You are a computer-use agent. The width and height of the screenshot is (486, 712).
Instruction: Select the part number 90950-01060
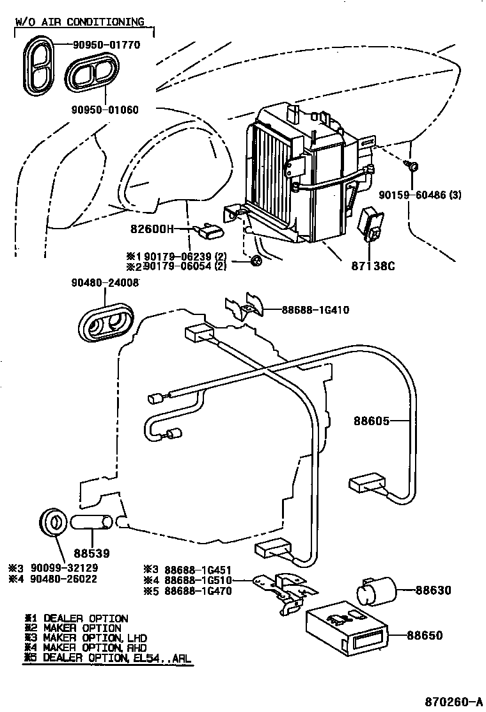[x=104, y=109]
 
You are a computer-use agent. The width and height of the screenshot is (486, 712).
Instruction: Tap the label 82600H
[x=153, y=229]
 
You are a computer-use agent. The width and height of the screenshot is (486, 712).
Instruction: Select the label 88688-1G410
[x=315, y=311]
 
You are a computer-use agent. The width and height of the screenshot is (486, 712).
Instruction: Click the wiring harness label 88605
[x=372, y=421]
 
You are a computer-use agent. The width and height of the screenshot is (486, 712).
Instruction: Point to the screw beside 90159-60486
[x=412, y=166]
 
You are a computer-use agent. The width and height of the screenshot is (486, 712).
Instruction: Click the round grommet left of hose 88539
[x=53, y=520]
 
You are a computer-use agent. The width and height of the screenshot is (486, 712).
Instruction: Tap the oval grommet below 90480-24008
[x=108, y=322]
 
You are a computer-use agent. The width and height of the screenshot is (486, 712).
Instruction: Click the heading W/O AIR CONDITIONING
[x=80, y=22]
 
